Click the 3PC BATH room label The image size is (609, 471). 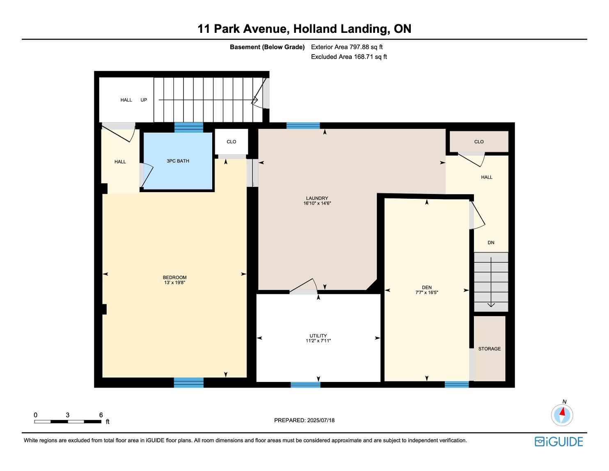tap(178, 161)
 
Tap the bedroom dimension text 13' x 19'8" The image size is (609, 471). tap(174, 283)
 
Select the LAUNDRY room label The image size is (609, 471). tap(317, 198)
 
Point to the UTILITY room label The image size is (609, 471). tap(318, 336)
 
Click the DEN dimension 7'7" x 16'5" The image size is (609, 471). tap(426, 292)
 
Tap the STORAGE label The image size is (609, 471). tap(489, 349)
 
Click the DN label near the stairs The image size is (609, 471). tap(491, 243)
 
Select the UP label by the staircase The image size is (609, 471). tap(144, 100)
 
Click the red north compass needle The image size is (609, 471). tap(562, 411)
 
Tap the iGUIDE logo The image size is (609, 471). tap(559, 442)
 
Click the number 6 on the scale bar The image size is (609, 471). tap(101, 415)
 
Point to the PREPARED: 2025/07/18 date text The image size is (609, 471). tap(304, 420)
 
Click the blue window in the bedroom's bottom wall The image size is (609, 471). tap(189, 383)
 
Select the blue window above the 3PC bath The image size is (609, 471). tap(189, 127)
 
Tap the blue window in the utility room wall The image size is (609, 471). tap(305, 385)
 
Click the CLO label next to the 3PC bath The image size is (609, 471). tap(231, 142)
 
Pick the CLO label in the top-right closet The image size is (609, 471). tap(478, 142)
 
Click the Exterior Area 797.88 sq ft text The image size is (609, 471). tap(347, 47)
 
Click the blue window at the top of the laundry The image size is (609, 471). tap(303, 126)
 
